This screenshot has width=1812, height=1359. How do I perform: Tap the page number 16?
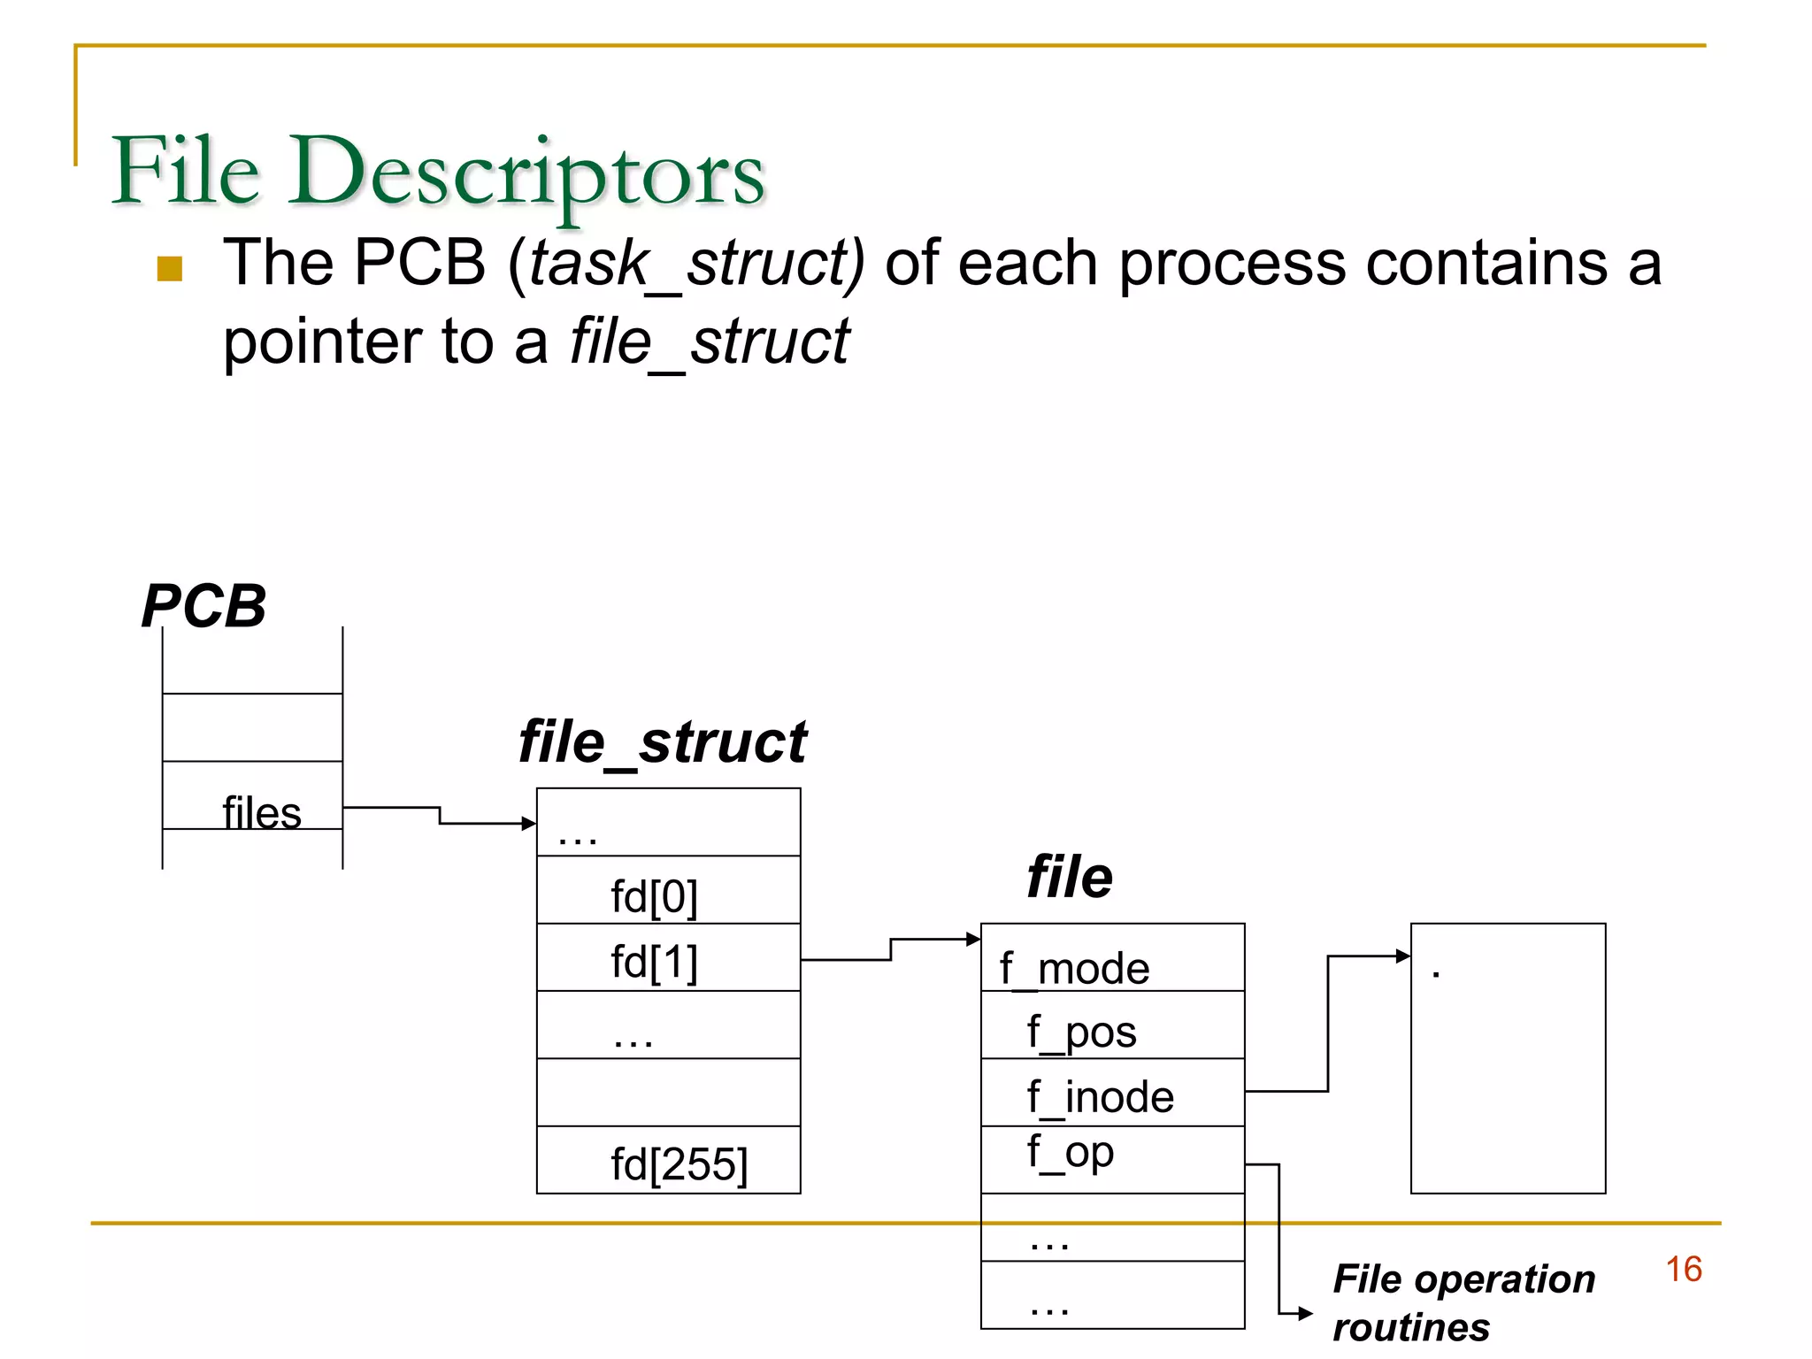tap(1683, 1269)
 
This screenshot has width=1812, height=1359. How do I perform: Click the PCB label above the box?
tap(203, 607)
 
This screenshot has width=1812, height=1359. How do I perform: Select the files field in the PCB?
tap(261, 812)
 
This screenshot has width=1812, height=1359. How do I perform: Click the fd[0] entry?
tap(654, 896)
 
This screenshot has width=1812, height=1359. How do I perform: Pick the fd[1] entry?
tap(654, 962)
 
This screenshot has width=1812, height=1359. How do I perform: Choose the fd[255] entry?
tap(679, 1163)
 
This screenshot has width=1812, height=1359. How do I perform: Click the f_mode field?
tap(1074, 968)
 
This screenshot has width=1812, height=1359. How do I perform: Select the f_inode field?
tap(1100, 1097)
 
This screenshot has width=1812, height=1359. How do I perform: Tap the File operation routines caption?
tap(1463, 1302)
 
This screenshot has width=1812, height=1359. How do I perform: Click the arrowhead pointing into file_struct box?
tap(529, 824)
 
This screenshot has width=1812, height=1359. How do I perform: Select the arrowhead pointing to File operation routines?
tap(1305, 1314)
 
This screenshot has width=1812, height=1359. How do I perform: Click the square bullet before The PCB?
tap(169, 268)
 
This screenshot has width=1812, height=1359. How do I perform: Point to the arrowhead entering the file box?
tap(973, 939)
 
